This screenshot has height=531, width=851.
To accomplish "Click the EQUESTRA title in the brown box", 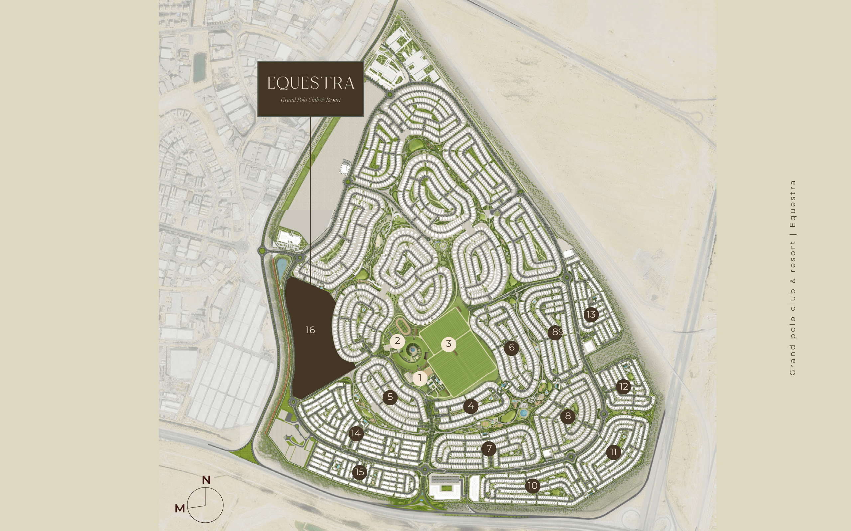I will tap(310, 83).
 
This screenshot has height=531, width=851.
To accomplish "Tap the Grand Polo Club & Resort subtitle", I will tap(310, 100).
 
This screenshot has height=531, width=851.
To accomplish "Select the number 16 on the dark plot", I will tap(310, 330).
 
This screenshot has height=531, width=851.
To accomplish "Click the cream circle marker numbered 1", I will tap(420, 379).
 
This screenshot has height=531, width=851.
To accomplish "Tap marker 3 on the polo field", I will tap(448, 344).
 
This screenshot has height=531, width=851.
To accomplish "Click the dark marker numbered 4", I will tap(470, 406).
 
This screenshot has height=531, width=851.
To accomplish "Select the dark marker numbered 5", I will tap(390, 397).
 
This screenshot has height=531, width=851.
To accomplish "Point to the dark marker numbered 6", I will tap(511, 348).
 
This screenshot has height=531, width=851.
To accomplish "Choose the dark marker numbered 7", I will tap(488, 448).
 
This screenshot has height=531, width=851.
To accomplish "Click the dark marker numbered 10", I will tap(533, 486).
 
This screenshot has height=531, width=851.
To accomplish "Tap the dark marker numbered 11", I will tap(613, 452).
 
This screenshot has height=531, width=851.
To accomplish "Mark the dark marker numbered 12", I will tap(624, 387).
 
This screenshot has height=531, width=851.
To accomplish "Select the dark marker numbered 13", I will tap(591, 315).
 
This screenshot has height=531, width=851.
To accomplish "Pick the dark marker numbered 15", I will tap(359, 472).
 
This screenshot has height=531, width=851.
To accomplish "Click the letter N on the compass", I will tap(206, 480).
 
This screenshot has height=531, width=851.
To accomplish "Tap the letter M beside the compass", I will tap(180, 508).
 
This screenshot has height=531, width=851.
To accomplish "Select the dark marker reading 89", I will tap(555, 332).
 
